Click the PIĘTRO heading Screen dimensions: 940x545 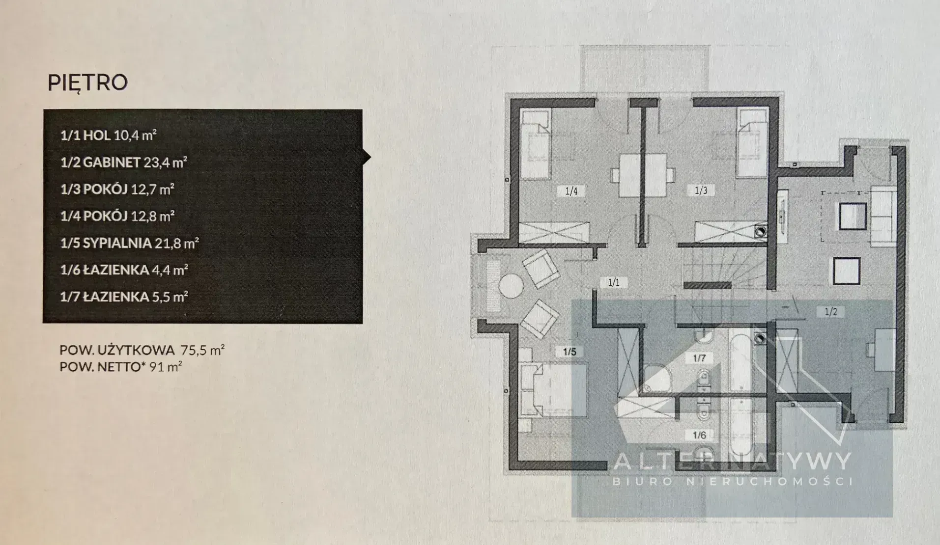pyautogui.click(x=87, y=83)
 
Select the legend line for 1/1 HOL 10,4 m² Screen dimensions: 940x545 pyautogui.click(x=108, y=136)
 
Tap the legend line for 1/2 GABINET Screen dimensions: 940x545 pyautogui.click(x=123, y=163)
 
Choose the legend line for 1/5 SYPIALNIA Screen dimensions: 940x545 pyautogui.click(x=129, y=243)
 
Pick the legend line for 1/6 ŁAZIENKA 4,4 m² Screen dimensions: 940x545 pyautogui.click(x=124, y=270)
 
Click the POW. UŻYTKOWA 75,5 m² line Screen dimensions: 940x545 pyautogui.click(x=142, y=350)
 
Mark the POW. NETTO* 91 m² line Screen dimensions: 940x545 pyautogui.click(x=121, y=366)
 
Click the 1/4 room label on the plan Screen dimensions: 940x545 pyautogui.click(x=571, y=191)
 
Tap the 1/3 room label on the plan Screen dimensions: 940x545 pyautogui.click(x=701, y=191)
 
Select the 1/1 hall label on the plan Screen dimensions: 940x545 pyautogui.click(x=614, y=282)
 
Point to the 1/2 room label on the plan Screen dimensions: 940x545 pyautogui.click(x=830, y=311)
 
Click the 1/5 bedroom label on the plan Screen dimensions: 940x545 pyautogui.click(x=570, y=352)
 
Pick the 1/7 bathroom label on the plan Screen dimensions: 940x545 pyautogui.click(x=699, y=358)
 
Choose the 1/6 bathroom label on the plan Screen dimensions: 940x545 pyautogui.click(x=699, y=435)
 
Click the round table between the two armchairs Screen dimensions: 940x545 pyautogui.click(x=511, y=286)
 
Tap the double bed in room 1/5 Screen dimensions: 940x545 pyautogui.click(x=553, y=390)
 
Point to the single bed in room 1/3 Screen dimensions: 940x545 pyautogui.click(x=751, y=144)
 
